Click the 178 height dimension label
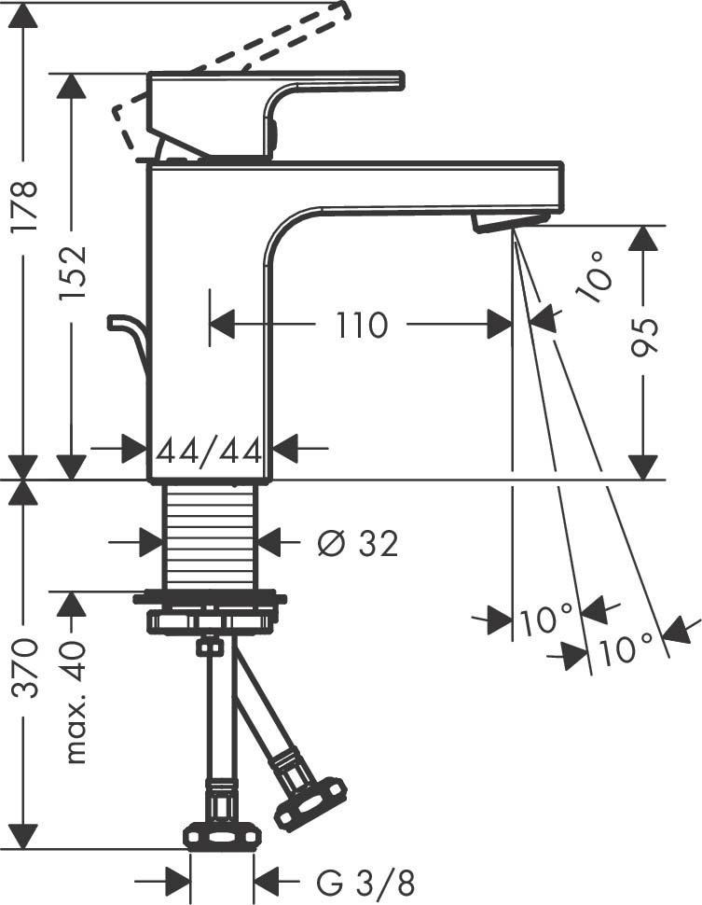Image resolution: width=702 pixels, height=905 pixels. (24, 206)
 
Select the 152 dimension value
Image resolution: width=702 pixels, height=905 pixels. (72, 271)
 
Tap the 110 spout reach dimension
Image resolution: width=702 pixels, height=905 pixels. (361, 326)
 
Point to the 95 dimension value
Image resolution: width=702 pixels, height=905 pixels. (644, 337)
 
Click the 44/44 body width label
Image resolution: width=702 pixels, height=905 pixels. (208, 451)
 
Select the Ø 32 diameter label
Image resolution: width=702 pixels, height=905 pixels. (357, 542)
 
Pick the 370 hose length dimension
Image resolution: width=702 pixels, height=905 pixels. (25, 667)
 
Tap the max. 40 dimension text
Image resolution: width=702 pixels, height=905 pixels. (74, 703)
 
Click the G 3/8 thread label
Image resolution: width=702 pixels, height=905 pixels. (366, 880)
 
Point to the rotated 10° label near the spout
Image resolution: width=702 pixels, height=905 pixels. (595, 277)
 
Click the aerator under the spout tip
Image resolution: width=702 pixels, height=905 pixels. (509, 221)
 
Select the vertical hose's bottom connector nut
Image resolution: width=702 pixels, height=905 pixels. (222, 836)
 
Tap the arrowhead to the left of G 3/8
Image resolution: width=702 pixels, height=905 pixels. (177, 880)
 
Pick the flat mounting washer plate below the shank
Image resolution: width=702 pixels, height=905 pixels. (209, 597)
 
